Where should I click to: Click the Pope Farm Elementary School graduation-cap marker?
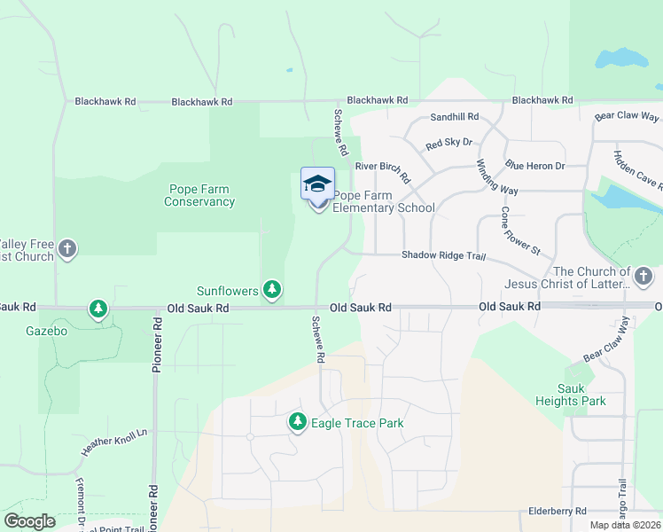pyautogui.click(x=317, y=184)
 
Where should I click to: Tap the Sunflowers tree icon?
pyautogui.click(x=273, y=289)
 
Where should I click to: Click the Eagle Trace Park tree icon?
pyautogui.click(x=299, y=423)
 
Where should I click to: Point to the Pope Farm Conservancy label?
pyautogui.click(x=200, y=195)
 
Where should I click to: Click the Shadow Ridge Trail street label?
pyautogui.click(x=444, y=255)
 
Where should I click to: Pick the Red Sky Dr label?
pyautogui.click(x=449, y=143)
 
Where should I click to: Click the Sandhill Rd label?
pyautogui.click(x=454, y=117)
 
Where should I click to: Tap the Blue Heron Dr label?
pyautogui.click(x=540, y=165)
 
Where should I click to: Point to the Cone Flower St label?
pyautogui.click(x=520, y=231)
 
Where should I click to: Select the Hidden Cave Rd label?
pyautogui.click(x=638, y=169)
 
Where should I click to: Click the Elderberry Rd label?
pyautogui.click(x=557, y=511)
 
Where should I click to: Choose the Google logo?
pyautogui.click(x=29, y=521)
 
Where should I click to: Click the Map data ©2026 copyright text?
pyautogui.click(x=625, y=525)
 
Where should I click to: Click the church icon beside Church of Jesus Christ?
pyautogui.click(x=644, y=278)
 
